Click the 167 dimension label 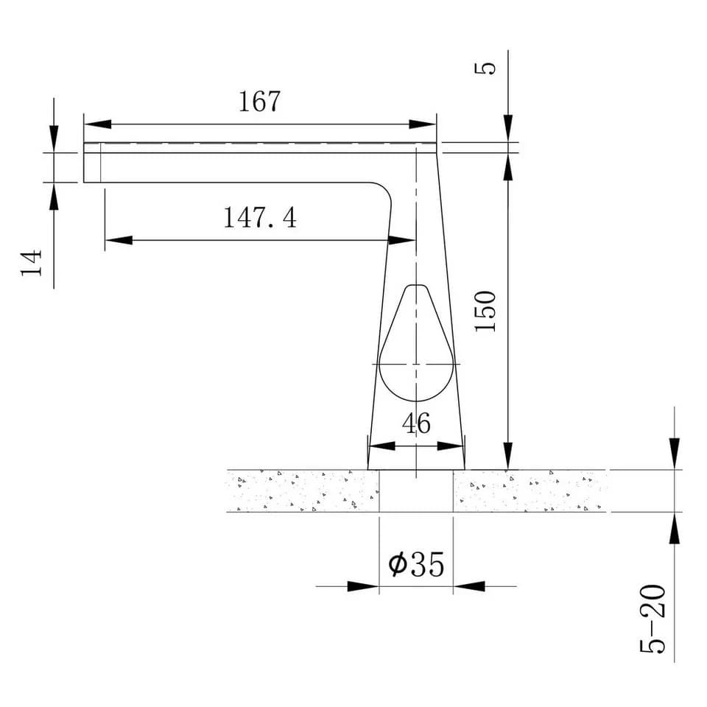[x=259, y=101]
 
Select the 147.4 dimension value [x=260, y=217]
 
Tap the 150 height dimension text [x=485, y=311]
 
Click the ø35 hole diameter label [x=416, y=564]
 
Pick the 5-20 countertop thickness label [x=653, y=619]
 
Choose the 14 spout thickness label [x=32, y=262]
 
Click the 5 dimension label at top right [x=485, y=68]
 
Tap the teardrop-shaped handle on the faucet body [x=416, y=342]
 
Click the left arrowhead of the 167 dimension [x=97, y=124]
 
